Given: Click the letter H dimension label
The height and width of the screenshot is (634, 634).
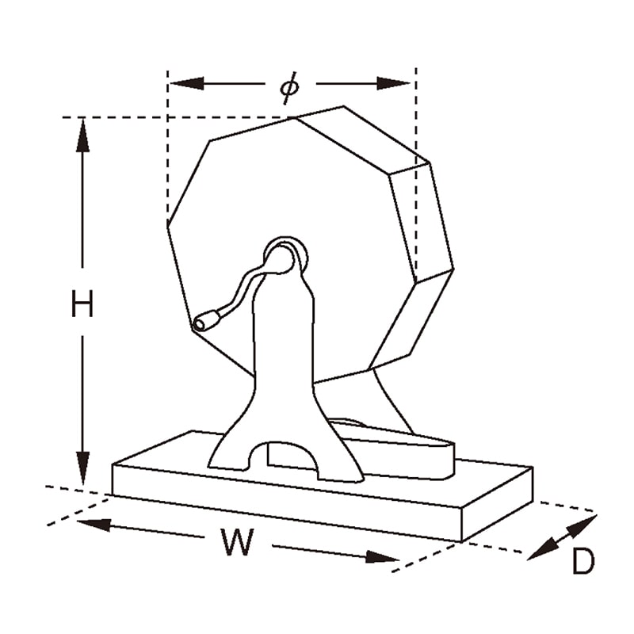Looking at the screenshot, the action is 82,304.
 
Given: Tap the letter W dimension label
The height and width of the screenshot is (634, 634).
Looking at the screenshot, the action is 238,542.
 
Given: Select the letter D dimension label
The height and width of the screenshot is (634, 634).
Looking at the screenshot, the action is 583,561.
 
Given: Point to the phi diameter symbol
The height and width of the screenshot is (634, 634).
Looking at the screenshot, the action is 290,87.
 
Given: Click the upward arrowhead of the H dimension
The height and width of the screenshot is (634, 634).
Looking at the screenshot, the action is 83,135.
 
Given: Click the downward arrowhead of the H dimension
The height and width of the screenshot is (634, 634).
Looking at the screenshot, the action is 83,468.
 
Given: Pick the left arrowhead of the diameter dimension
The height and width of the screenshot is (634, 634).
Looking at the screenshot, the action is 187,84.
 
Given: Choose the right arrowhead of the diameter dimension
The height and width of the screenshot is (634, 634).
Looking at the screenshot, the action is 394,84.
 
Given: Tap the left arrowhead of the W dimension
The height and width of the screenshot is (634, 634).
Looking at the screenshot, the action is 93,525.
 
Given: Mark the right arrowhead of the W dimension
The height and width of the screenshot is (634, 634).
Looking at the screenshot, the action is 383,558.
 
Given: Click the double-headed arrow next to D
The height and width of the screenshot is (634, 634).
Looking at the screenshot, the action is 562,537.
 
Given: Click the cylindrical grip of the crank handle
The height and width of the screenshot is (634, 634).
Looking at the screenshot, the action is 207,320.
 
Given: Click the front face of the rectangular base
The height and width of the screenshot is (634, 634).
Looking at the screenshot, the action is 287,502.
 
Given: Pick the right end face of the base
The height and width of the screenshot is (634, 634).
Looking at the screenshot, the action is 498,504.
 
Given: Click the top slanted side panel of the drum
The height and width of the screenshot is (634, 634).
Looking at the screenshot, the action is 363,140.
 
